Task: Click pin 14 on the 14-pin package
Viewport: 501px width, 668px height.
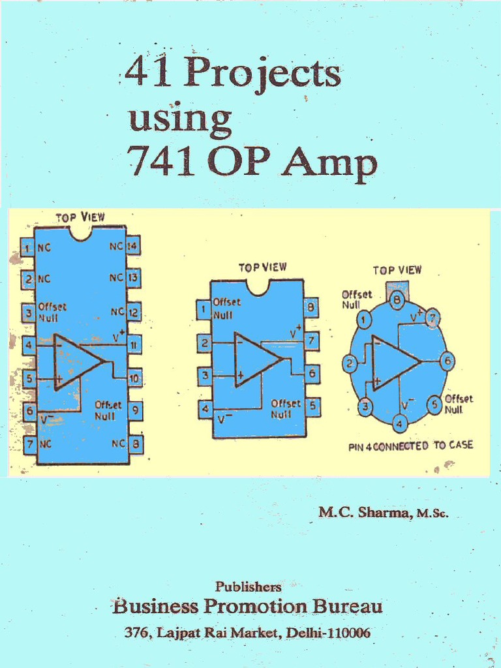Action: (x=133, y=247)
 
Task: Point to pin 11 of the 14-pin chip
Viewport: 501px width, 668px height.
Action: (x=134, y=344)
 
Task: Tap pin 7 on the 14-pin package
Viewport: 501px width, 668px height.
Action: (x=29, y=445)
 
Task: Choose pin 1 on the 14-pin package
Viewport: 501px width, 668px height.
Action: (x=27, y=247)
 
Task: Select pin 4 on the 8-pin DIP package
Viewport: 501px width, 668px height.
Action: (x=205, y=410)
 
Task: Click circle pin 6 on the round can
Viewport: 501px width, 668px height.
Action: (x=447, y=361)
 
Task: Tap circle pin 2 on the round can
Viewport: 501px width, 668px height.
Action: (x=350, y=364)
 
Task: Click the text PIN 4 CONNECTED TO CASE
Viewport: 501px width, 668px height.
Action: (x=411, y=446)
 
